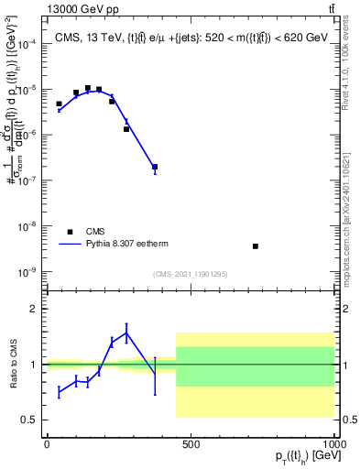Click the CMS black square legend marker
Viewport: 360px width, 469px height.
(69, 232)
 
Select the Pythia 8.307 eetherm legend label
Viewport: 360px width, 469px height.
(128, 245)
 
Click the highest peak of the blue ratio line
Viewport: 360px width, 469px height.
(126, 332)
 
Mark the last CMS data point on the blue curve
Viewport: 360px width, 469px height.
(155, 168)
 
